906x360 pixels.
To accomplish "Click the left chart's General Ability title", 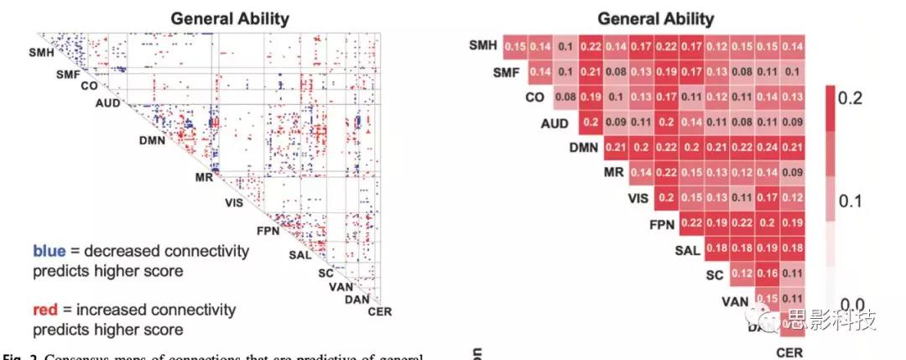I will pyautogui.click(x=230, y=18).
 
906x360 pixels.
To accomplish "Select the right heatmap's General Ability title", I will pyautogui.click(x=655, y=18).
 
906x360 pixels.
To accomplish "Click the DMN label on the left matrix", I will pyautogui.click(x=154, y=140).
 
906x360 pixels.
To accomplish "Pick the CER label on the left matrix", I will pyautogui.click(x=379, y=314).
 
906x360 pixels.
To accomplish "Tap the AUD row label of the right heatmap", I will pyautogui.click(x=555, y=124).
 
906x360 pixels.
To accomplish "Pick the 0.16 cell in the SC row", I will pyautogui.click(x=768, y=274).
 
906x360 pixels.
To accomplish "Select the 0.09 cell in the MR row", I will pyautogui.click(x=793, y=174).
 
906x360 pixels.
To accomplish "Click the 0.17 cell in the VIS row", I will pyautogui.click(x=768, y=199).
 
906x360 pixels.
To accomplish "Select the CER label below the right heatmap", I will pyautogui.click(x=789, y=352).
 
